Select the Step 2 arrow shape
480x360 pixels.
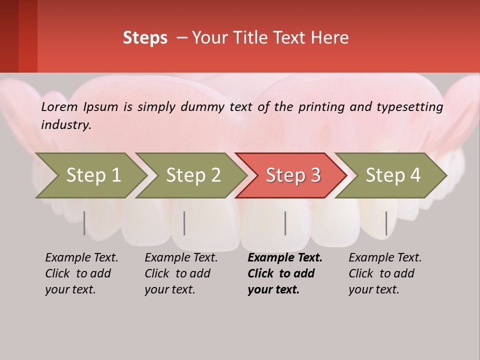(193, 175)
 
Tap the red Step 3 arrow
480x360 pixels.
(293, 175)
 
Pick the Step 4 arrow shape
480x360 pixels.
(393, 175)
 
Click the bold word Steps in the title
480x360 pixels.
(145, 37)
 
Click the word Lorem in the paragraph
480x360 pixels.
(59, 106)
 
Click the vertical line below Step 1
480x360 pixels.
(84, 223)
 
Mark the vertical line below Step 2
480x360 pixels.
(184, 223)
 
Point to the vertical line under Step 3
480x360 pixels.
(285, 223)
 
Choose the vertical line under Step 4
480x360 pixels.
(386, 223)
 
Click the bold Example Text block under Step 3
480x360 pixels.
(285, 273)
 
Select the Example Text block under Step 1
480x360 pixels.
(81, 273)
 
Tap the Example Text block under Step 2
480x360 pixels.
(181, 273)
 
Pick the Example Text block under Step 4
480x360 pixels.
(385, 273)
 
